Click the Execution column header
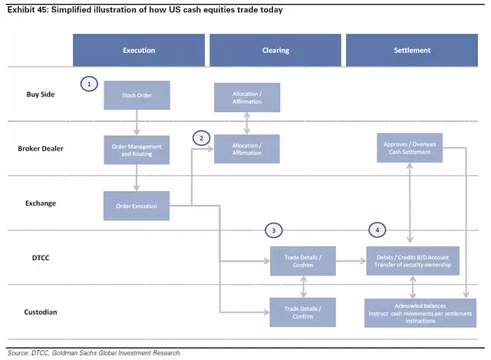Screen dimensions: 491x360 click(x=139, y=50)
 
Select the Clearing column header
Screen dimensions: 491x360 click(x=275, y=50)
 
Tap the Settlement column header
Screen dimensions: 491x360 click(x=412, y=50)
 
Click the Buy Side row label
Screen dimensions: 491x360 click(x=41, y=94)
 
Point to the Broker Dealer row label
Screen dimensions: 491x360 click(x=41, y=148)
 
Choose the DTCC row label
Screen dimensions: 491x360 click(x=41, y=258)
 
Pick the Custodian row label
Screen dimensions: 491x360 click(x=41, y=312)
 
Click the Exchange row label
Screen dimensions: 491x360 click(x=41, y=203)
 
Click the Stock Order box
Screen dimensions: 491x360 click(x=137, y=95)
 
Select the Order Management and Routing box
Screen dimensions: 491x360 click(x=137, y=150)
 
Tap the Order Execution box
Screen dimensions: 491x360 click(x=137, y=206)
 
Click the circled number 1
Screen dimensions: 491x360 click(x=89, y=84)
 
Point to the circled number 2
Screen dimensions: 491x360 click(x=201, y=138)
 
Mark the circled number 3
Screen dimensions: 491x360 click(x=274, y=230)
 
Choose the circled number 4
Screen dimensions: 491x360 click(x=377, y=230)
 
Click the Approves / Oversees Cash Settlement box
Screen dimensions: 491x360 click(x=410, y=148)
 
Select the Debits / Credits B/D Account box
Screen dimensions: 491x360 click(x=413, y=261)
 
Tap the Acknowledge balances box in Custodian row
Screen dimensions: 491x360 click(x=420, y=313)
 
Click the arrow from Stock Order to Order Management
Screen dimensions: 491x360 click(x=137, y=123)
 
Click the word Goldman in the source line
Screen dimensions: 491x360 click(x=64, y=353)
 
